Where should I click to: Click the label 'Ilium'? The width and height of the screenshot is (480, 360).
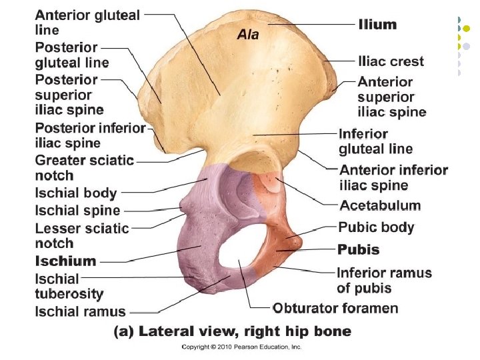[377, 25]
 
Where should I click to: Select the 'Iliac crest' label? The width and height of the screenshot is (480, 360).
[391, 61]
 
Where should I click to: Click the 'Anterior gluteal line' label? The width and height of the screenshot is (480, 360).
[87, 22]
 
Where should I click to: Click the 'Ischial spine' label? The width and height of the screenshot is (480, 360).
[77, 211]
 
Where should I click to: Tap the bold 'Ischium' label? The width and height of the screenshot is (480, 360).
[65, 261]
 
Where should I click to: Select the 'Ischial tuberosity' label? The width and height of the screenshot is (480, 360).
[69, 286]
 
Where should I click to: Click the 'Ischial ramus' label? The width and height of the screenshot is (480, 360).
[80, 311]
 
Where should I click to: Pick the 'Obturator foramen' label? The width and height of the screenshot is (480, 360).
[335, 308]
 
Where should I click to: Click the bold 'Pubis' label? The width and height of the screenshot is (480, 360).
[359, 250]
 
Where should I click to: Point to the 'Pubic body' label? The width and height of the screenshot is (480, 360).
[376, 227]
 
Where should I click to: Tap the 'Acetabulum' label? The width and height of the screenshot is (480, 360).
[380, 205]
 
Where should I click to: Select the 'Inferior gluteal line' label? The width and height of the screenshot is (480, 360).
[375, 141]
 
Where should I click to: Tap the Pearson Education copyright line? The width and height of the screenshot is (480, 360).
[242, 347]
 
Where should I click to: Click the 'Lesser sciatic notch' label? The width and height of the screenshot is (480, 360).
[81, 235]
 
